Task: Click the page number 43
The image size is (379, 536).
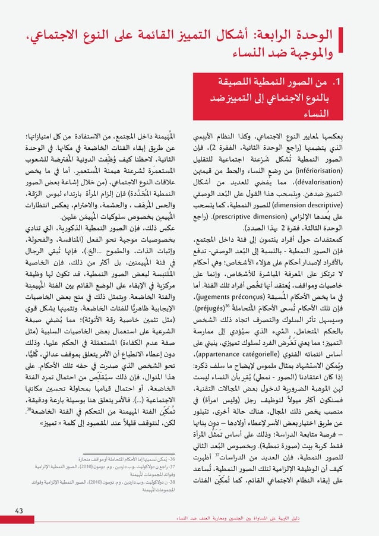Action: (19, 510)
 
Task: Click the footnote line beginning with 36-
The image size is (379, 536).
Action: (138, 459)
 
